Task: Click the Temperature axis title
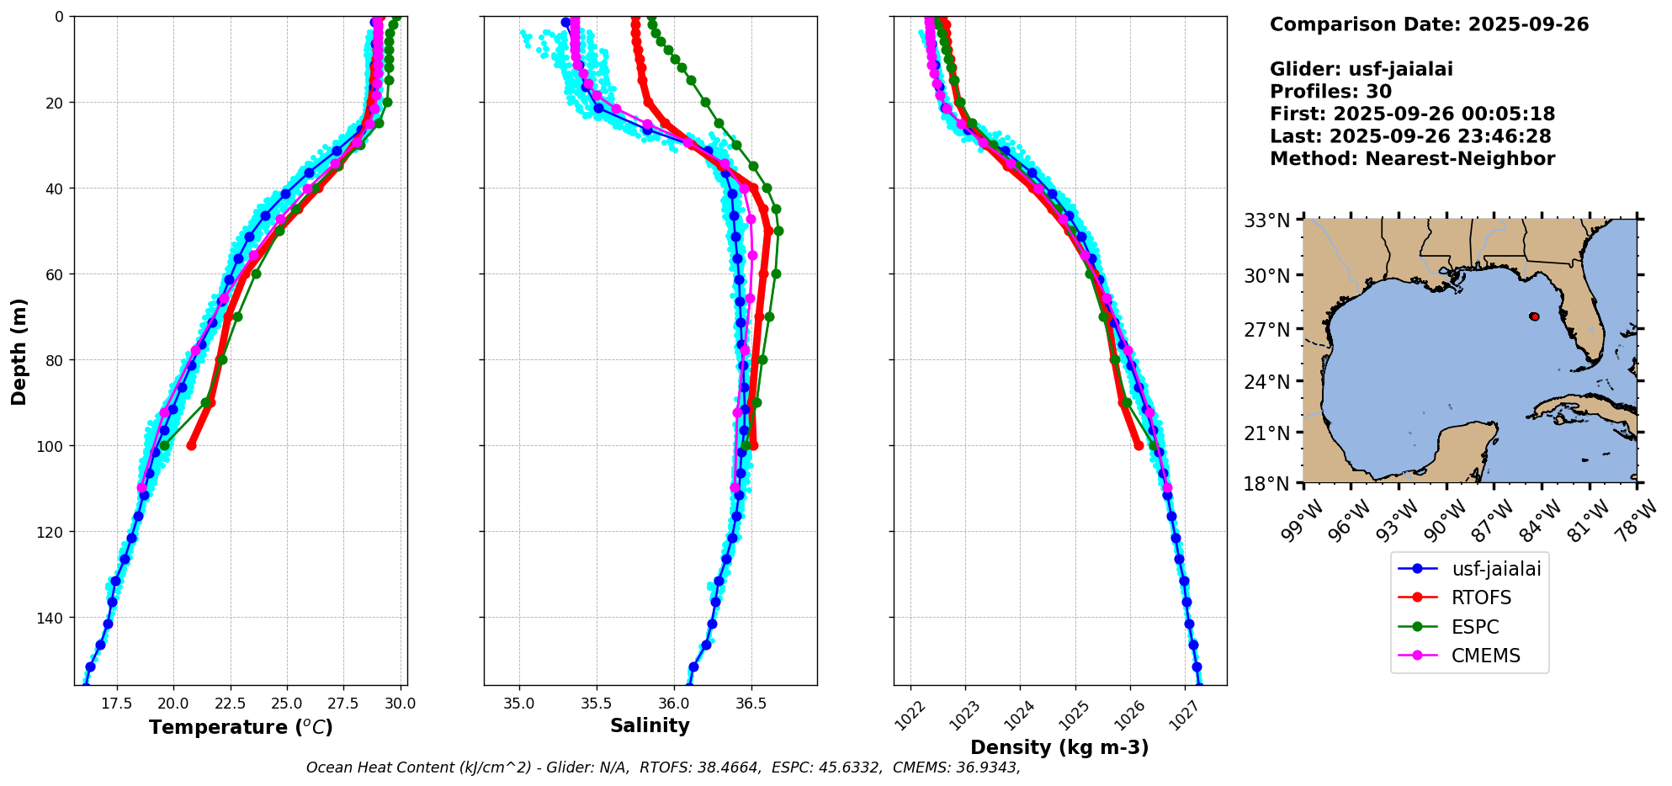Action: [241, 727]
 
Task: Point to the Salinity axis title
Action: [650, 725]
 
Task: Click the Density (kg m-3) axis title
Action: [1059, 747]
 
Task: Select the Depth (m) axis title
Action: [19, 351]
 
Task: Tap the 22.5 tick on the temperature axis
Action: [230, 704]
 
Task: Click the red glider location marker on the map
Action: [1534, 316]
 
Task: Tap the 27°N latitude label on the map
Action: [1266, 329]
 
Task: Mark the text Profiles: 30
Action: [1330, 92]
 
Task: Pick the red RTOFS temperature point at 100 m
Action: [191, 445]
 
